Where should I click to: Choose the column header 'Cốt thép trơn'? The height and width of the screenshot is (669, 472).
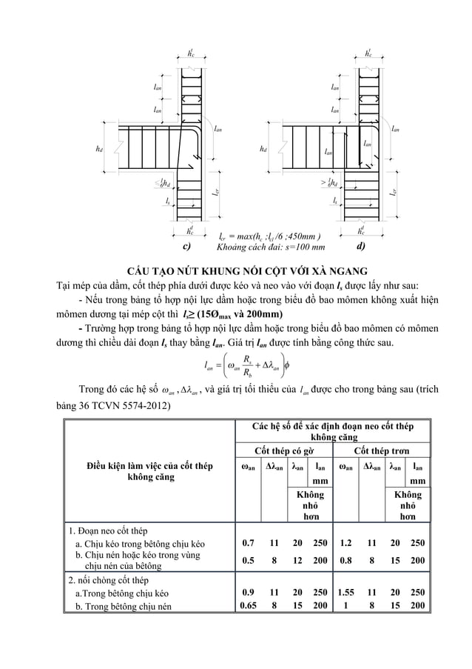coord(381,450)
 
